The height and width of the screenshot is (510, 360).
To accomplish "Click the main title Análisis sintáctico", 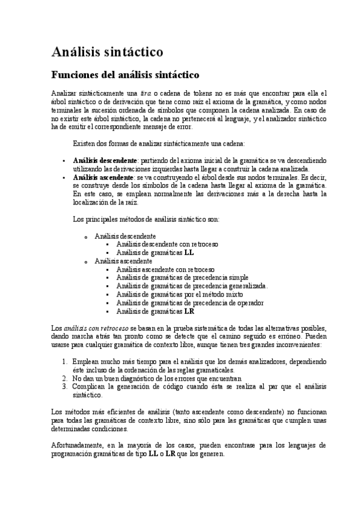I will tap(107, 52).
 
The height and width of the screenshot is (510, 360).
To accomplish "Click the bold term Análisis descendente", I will tap(105, 161).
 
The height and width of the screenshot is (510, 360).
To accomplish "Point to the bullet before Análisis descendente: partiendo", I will tap(64, 162).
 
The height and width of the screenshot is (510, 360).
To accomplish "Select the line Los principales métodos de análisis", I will tap(145, 220).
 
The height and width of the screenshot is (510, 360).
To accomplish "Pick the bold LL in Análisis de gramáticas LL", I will tap(189, 253).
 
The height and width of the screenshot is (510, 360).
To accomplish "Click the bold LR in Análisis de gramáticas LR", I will tap(189, 312).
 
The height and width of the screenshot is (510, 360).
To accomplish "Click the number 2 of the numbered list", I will tap(65, 379).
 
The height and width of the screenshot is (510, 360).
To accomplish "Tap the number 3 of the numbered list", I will tap(65, 387).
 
